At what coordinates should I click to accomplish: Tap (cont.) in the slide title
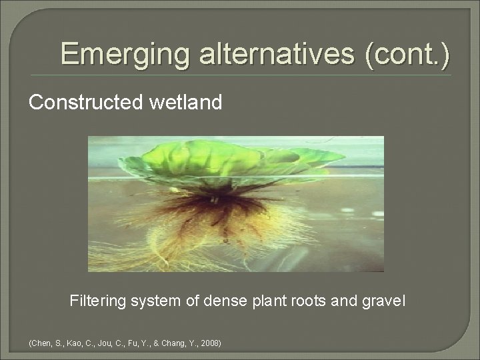click(x=406, y=53)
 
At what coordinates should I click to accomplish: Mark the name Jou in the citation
click(x=103, y=343)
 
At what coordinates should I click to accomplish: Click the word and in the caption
click(x=341, y=301)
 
